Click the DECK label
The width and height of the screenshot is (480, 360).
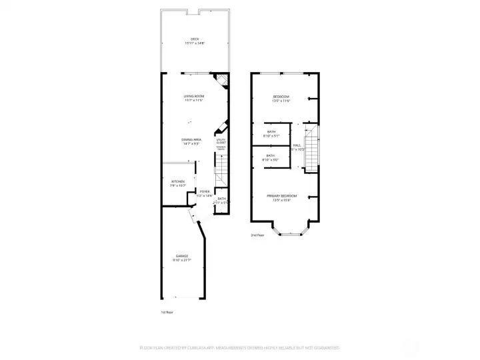195,39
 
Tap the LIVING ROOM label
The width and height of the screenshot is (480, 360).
194,96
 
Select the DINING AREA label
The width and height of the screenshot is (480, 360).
192,139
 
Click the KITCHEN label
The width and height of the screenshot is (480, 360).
177,181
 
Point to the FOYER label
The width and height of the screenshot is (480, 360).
205,191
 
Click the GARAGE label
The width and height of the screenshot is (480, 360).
181,256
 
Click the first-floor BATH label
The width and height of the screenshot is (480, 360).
221,199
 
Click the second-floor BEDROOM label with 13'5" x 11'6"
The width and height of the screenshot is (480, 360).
281,97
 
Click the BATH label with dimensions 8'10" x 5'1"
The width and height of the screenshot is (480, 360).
271,132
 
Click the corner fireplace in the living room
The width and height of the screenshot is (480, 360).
223,81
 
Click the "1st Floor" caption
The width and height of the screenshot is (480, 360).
167,312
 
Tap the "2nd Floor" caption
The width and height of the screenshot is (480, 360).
257,235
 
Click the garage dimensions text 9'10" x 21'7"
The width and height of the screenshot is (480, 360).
181,260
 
